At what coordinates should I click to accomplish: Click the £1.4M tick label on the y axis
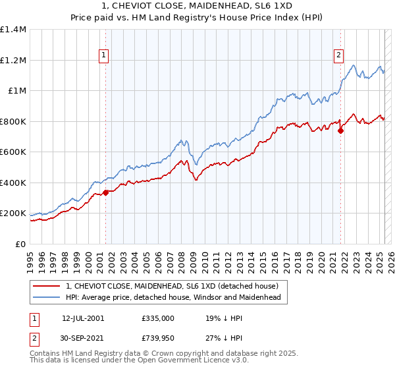13,30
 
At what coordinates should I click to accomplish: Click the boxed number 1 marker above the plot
105,55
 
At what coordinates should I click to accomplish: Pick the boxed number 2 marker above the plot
339,55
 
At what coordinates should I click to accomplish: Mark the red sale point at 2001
105,193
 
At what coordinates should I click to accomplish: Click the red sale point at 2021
341,130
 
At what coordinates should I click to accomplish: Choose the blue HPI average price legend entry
173,297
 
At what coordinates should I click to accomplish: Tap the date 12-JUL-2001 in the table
82,318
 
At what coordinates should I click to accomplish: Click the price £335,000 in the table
158,318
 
